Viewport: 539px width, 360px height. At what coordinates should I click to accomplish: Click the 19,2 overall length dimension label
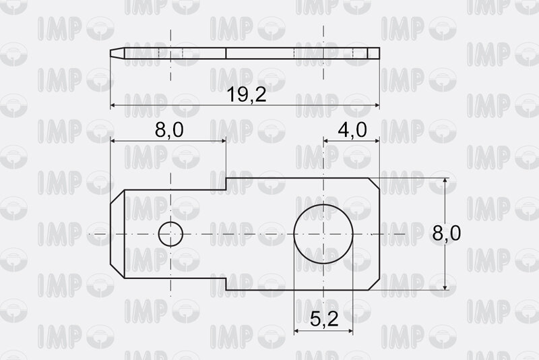click(247, 94)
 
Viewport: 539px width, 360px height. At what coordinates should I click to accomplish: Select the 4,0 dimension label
click(352, 130)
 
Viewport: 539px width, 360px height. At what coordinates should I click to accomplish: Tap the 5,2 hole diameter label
click(324, 319)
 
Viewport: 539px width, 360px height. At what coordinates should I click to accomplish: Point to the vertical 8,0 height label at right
click(447, 233)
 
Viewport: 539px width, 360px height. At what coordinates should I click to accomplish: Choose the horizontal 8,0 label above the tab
click(169, 130)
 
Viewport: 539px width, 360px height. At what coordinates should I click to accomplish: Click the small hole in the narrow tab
click(170, 234)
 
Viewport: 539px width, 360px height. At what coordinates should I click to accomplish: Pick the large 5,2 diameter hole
click(323, 234)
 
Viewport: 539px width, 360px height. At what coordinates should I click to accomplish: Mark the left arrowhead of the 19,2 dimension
click(113, 105)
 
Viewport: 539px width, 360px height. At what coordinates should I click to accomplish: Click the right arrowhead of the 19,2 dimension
click(376, 105)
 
